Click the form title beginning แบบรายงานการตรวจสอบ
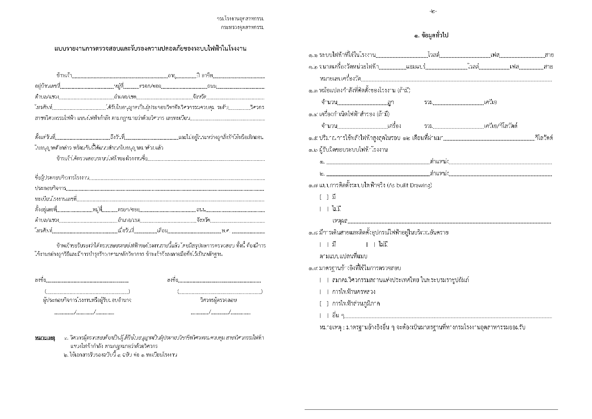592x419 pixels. [150, 49]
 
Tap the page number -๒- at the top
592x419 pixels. [433, 11]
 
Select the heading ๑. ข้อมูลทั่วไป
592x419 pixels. [431, 36]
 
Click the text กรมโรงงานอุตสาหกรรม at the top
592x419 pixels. [240, 19]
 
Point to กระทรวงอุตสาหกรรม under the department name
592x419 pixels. [242, 27]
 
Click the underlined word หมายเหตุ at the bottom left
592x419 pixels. [45, 338]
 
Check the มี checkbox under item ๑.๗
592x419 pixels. [324, 197]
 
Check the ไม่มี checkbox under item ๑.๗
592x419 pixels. [324, 209]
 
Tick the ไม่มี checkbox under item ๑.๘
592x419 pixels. [371, 245]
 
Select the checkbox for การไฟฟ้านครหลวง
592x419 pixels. [324, 292]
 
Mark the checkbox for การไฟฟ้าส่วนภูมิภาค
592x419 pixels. [324, 304]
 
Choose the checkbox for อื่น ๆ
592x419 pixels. [324, 315]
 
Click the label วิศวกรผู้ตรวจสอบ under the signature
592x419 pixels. [218, 300]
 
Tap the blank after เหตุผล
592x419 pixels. [449, 222]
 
